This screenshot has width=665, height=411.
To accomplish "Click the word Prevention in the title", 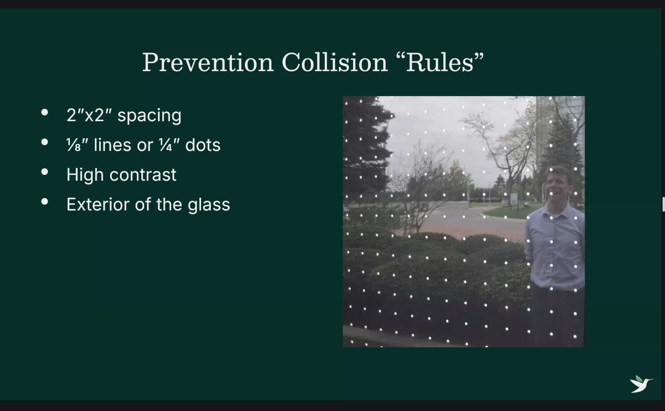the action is click(208, 62).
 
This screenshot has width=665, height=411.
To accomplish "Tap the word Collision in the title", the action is click(335, 62).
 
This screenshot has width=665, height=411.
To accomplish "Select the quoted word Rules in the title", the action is click(440, 62).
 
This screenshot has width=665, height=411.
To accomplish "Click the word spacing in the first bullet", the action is click(150, 116).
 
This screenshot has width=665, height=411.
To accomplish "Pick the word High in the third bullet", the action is click(85, 175).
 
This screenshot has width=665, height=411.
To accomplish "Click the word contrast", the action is click(143, 175).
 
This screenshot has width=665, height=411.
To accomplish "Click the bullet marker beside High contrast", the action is click(45, 172).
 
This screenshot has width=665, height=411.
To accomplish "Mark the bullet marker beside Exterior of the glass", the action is click(45, 202).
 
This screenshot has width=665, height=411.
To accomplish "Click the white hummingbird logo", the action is click(641, 384).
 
